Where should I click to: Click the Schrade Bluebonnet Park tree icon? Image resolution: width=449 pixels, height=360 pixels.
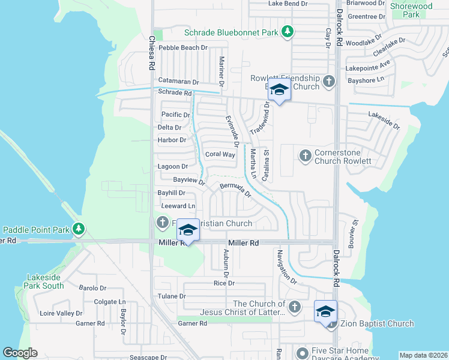tap(288, 32)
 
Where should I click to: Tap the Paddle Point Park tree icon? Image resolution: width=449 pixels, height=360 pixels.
tap(78, 229)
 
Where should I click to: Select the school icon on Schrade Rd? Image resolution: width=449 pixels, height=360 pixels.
tap(279, 91)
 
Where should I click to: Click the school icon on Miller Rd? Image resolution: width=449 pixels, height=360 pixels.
tap(188, 231)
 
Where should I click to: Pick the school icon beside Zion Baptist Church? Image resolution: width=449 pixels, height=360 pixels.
tap(325, 312)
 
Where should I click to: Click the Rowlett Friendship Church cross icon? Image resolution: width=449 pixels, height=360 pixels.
tap(328, 81)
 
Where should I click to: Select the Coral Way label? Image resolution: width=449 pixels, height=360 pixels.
tap(220, 154)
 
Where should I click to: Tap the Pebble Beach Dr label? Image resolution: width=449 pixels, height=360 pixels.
tap(183, 47)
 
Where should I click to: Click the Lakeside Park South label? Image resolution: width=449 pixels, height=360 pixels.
tap(45, 281)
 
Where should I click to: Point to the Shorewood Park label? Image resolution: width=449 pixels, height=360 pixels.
tap(411, 10)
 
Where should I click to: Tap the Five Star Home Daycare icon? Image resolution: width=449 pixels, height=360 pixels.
tap(301, 352)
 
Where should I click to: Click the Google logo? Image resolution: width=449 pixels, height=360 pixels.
tap(20, 353)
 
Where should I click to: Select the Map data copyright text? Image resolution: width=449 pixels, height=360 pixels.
tap(423, 355)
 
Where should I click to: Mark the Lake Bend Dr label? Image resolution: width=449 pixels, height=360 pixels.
tap(288, 4)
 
